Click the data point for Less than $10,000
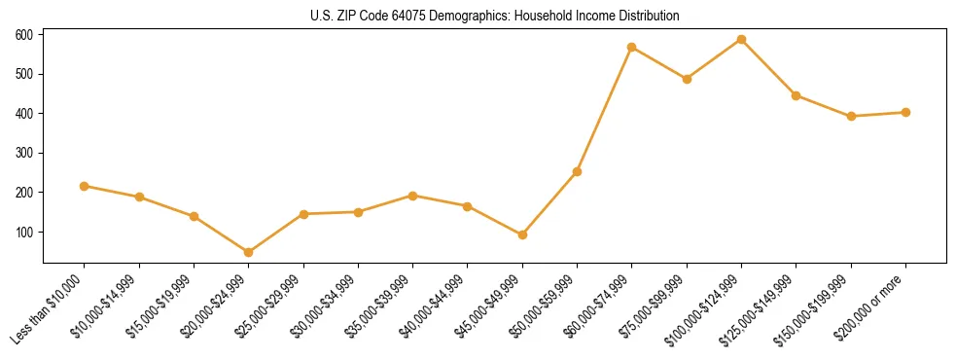[85, 186]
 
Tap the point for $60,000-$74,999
[632, 47]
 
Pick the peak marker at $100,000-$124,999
[742, 39]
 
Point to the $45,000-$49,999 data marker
[523, 234]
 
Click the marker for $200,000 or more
[905, 112]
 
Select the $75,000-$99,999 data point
[687, 79]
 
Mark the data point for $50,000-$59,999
[578, 171]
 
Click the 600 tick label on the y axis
[24, 35]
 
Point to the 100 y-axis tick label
[24, 233]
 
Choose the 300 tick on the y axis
[24, 154]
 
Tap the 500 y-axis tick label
[24, 74]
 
